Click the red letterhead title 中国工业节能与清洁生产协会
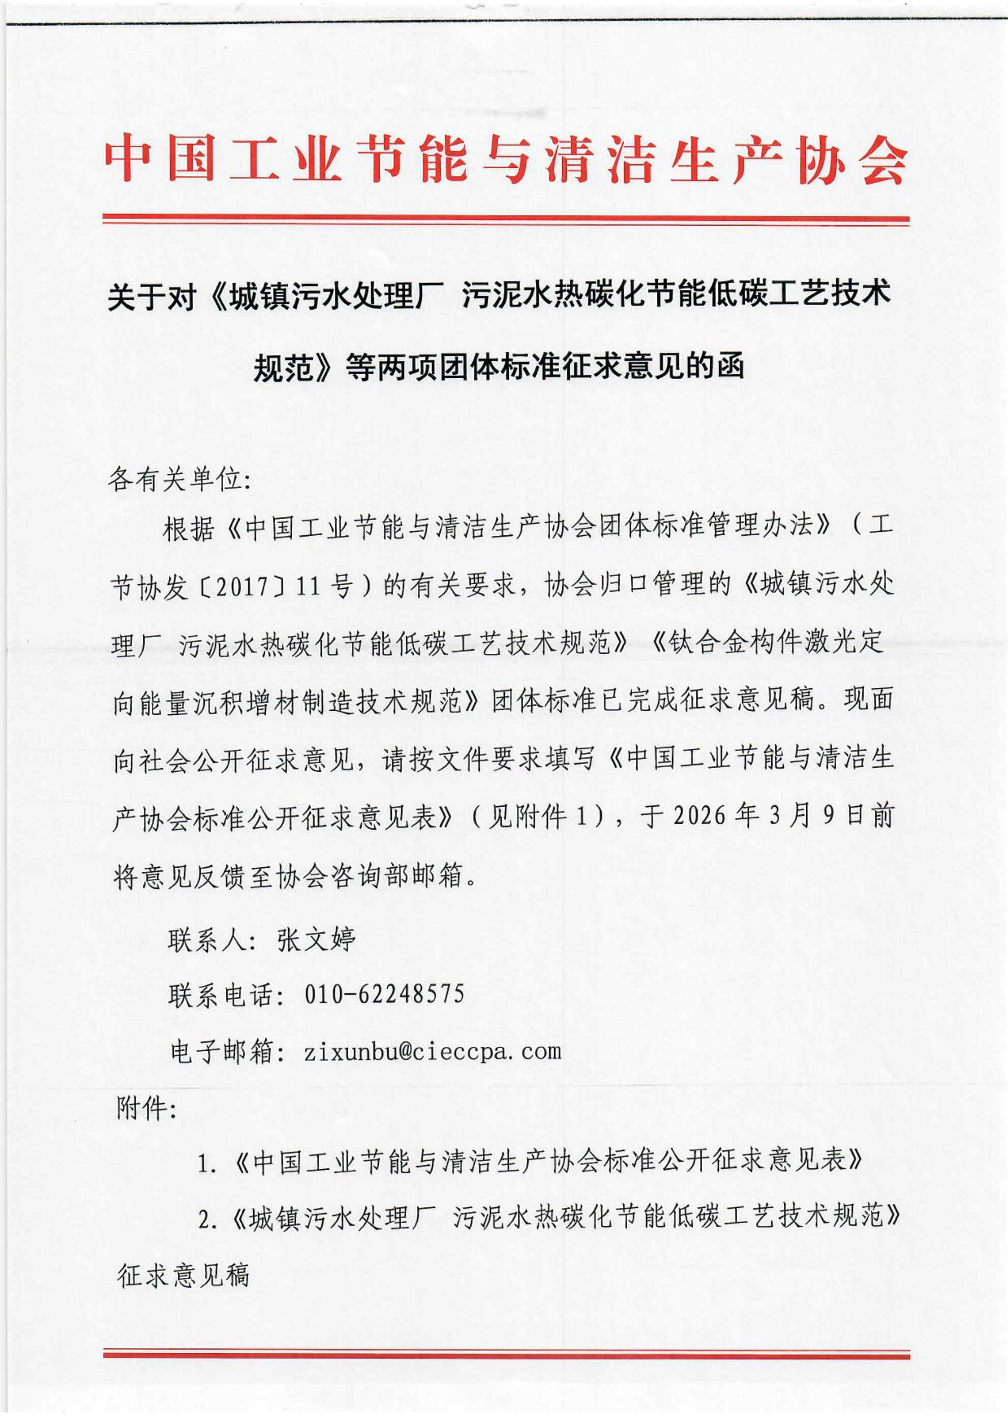coord(505,159)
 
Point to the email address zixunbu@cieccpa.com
coord(433,1051)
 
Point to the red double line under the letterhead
coord(505,220)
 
